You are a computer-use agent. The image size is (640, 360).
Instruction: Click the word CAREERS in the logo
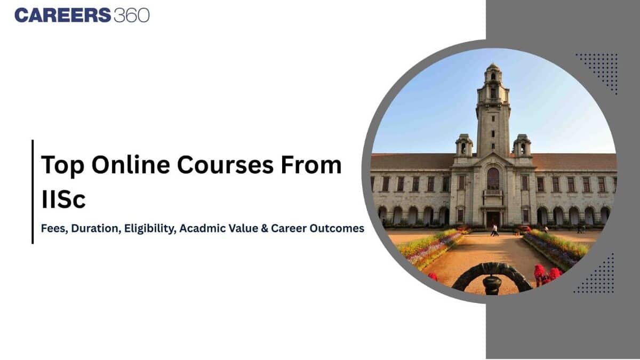click(62, 15)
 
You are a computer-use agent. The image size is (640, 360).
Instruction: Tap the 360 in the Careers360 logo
click(131, 15)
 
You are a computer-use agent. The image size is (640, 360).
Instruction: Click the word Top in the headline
click(62, 165)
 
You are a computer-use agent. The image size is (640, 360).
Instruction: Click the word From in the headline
click(315, 165)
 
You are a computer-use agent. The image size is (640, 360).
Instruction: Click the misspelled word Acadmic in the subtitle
click(201, 228)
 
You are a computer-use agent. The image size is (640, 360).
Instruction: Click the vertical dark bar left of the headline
click(33, 192)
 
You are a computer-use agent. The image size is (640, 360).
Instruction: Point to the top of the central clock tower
click(493, 68)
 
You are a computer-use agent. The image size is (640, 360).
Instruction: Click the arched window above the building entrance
click(493, 179)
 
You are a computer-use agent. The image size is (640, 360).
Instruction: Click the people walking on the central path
click(495, 230)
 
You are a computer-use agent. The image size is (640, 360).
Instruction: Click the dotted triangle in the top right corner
click(601, 69)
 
